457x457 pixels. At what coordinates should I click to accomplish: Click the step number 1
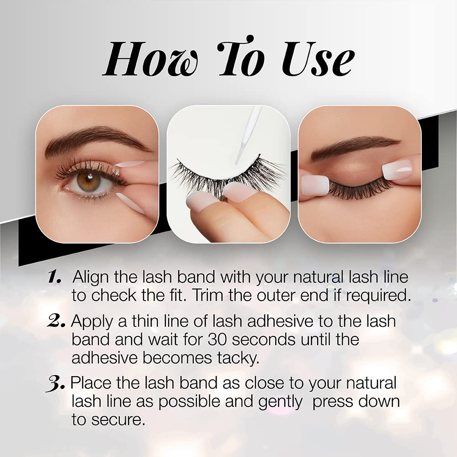[55, 277]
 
